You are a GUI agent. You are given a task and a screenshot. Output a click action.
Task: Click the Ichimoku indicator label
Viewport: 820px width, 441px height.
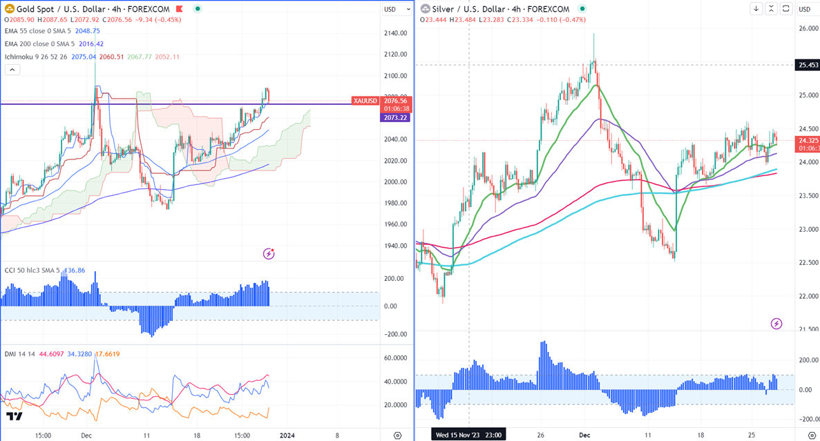[35, 56]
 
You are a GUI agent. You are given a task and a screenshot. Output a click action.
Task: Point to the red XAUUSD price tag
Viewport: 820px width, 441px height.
[365, 101]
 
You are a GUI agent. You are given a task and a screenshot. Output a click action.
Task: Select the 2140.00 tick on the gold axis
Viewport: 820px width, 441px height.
[396, 33]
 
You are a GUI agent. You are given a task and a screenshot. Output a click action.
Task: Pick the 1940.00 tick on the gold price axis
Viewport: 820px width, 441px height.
[396, 246]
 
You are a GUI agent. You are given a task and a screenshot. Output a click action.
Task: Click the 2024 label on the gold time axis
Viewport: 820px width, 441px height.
[287, 435]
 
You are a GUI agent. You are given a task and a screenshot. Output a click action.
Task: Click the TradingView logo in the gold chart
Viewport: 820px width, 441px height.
[14, 416]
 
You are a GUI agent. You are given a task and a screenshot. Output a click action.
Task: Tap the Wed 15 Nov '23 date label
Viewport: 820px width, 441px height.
[467, 435]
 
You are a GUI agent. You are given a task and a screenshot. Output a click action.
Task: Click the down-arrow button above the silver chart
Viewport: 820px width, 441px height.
[756, 8]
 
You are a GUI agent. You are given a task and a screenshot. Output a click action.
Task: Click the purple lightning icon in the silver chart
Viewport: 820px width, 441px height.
[776, 324]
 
